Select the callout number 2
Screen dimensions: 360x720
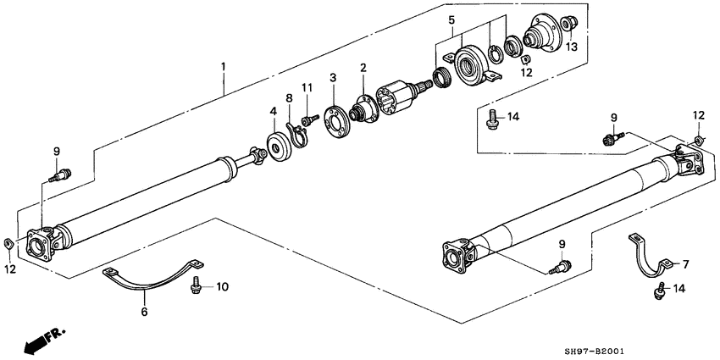click(x=363, y=68)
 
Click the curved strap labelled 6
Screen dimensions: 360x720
click(x=148, y=280)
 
